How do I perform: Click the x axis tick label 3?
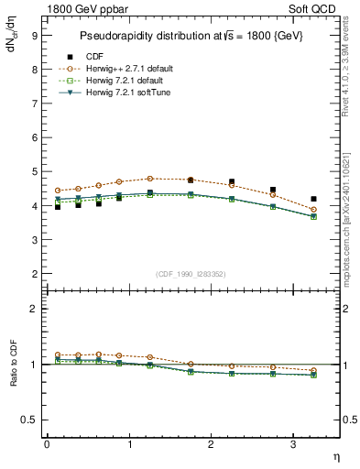[x=293, y=444]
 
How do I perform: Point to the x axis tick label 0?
[x=47, y=444]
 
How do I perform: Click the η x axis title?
[x=334, y=457]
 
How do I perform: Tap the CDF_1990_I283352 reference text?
[x=190, y=274]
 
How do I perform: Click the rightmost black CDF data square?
[x=313, y=199]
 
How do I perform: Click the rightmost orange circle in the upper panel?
[x=313, y=210]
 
